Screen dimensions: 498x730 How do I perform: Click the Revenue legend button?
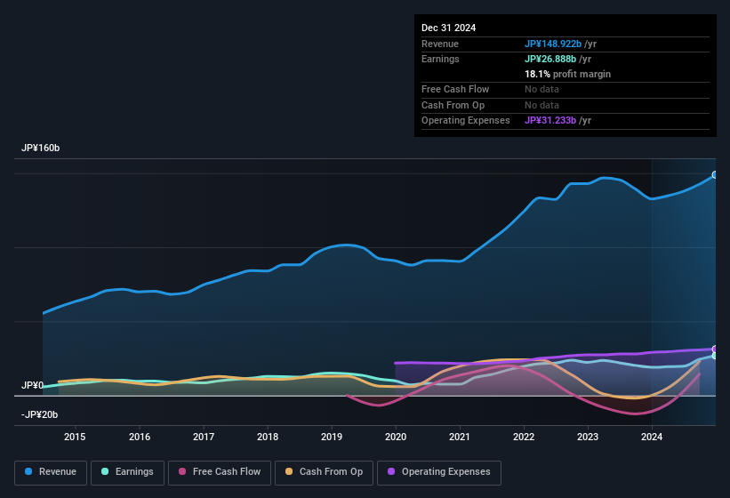51,471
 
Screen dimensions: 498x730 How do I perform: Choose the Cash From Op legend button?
323,471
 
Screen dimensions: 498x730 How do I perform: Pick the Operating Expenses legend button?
438,471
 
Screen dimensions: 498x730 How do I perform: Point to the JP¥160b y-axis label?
40,148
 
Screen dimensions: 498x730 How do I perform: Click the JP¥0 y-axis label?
32,385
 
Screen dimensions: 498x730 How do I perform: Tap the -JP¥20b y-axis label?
39,414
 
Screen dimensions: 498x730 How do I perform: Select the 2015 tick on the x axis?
75,437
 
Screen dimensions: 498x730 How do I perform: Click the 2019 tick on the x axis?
332,437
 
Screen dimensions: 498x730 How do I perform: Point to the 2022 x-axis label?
524,437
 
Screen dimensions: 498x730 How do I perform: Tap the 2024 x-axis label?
652,437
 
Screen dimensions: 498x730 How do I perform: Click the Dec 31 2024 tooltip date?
448,28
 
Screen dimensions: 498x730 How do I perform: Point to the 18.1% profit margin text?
567,74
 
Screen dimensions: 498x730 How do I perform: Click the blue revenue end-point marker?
715,175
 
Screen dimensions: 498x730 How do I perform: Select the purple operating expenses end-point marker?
715,349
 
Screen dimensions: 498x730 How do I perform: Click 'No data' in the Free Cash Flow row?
543,89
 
